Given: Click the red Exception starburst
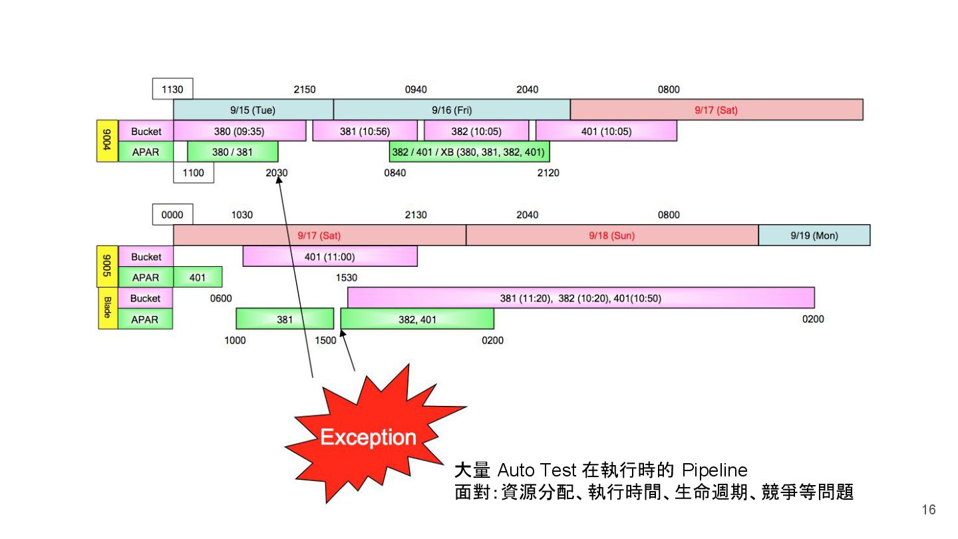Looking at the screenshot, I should pos(367,436).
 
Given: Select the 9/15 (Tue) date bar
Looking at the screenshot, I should pos(253,110).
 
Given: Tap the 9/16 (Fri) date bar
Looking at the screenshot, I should pos(452,110).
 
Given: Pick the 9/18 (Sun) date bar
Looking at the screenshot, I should pos(611,236).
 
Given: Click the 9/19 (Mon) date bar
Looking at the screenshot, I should pos(814,236).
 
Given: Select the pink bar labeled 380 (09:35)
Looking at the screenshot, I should pos(239,131).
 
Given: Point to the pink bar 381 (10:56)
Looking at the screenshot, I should pos(365,131).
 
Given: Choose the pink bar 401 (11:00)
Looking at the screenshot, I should pos(329,256).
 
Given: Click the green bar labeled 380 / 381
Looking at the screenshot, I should pos(232,152).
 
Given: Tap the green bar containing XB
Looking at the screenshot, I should pos(468,152).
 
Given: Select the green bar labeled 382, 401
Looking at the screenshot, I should pos(417,319).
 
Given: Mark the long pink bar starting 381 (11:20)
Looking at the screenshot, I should pos(580,298).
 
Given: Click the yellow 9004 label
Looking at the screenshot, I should pos(107,141).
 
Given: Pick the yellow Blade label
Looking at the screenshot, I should pos(107,308).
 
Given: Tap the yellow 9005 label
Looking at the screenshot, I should pos(107,266).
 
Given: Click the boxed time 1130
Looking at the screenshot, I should pos(172,89).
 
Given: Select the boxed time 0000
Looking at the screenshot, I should pos(172,215).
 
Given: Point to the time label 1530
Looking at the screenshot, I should pos(346,277).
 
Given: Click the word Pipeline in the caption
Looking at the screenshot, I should pos(715,470).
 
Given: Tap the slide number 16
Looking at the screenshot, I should pos(928,510).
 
